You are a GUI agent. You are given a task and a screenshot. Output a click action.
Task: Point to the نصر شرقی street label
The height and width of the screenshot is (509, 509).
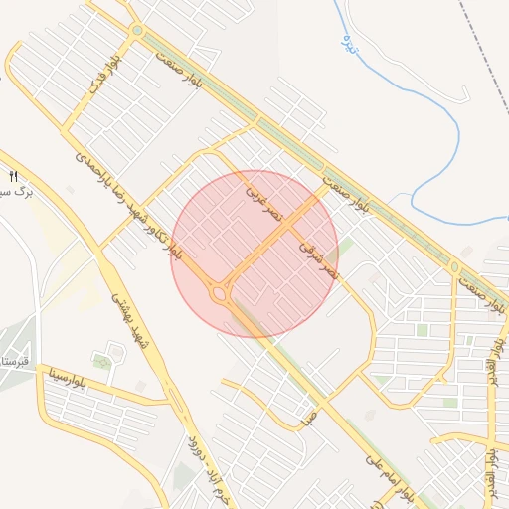[x=319, y=255]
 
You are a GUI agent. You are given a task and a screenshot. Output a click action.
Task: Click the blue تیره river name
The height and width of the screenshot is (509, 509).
[x=348, y=42]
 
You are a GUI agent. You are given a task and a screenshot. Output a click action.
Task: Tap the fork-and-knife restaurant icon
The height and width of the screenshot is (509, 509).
[x=14, y=176]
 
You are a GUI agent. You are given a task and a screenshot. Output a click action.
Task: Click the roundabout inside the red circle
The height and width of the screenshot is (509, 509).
[x=219, y=292]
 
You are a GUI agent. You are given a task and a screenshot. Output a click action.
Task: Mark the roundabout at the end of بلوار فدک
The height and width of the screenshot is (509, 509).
[x=137, y=32]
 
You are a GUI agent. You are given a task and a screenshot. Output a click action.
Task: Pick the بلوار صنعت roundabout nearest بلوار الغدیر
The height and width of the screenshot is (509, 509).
[x=454, y=266]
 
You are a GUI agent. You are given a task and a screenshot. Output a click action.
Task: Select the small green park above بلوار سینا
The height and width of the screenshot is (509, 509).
[x=101, y=360]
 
